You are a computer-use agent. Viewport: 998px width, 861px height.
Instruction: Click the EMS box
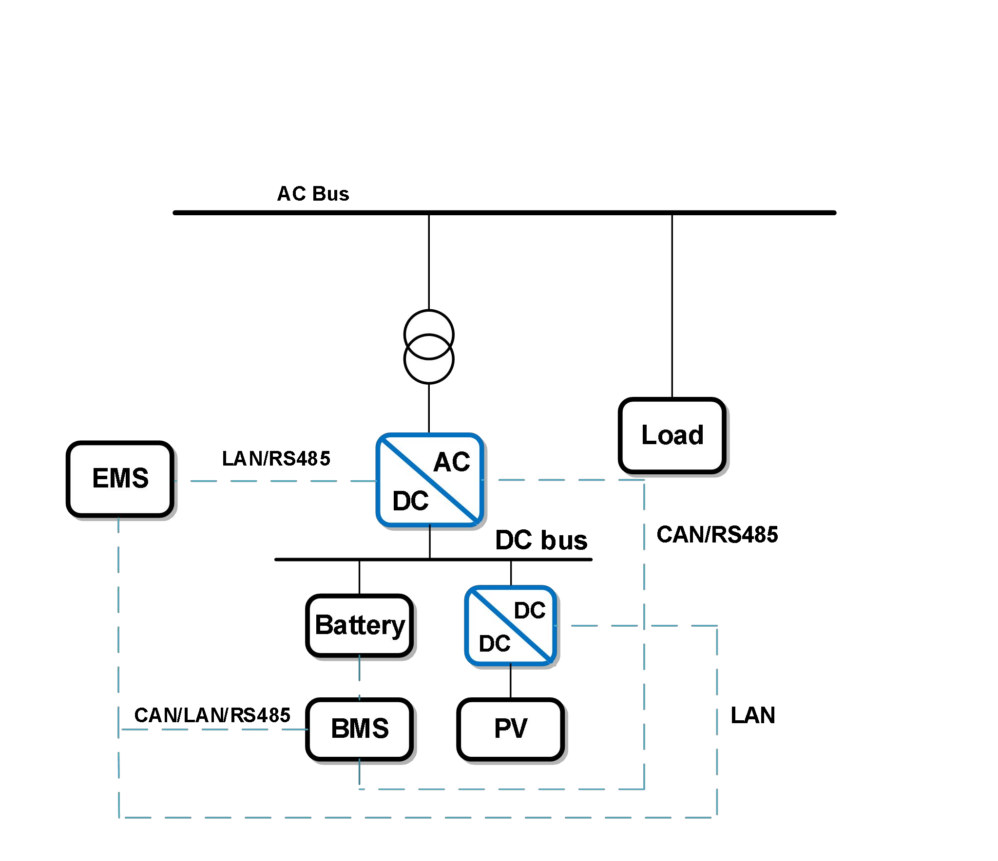coord(120,479)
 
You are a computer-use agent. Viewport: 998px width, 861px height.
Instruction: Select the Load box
coord(672,435)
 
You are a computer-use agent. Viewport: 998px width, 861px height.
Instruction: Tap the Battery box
coord(360,625)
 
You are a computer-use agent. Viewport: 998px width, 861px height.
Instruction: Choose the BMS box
coord(360,729)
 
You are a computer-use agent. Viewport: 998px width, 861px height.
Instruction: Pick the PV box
coord(511,729)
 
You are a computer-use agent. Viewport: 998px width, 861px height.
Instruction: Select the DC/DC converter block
coord(511,626)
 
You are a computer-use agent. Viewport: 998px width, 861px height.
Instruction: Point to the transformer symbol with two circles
coord(429,347)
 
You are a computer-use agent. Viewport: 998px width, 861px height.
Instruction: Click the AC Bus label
coord(313,194)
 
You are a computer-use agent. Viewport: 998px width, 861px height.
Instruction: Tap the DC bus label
coord(541,541)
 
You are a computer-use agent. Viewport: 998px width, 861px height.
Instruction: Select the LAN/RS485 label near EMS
coord(276,459)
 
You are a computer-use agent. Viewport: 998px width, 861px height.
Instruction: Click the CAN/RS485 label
coord(717,535)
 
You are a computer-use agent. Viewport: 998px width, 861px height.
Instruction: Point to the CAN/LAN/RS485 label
coord(212,715)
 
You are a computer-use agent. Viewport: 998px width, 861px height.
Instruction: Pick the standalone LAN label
coord(752,715)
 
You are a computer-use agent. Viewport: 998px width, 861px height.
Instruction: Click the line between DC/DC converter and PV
coord(511,682)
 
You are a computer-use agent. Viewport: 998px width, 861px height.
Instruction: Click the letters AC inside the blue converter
coord(452,462)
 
